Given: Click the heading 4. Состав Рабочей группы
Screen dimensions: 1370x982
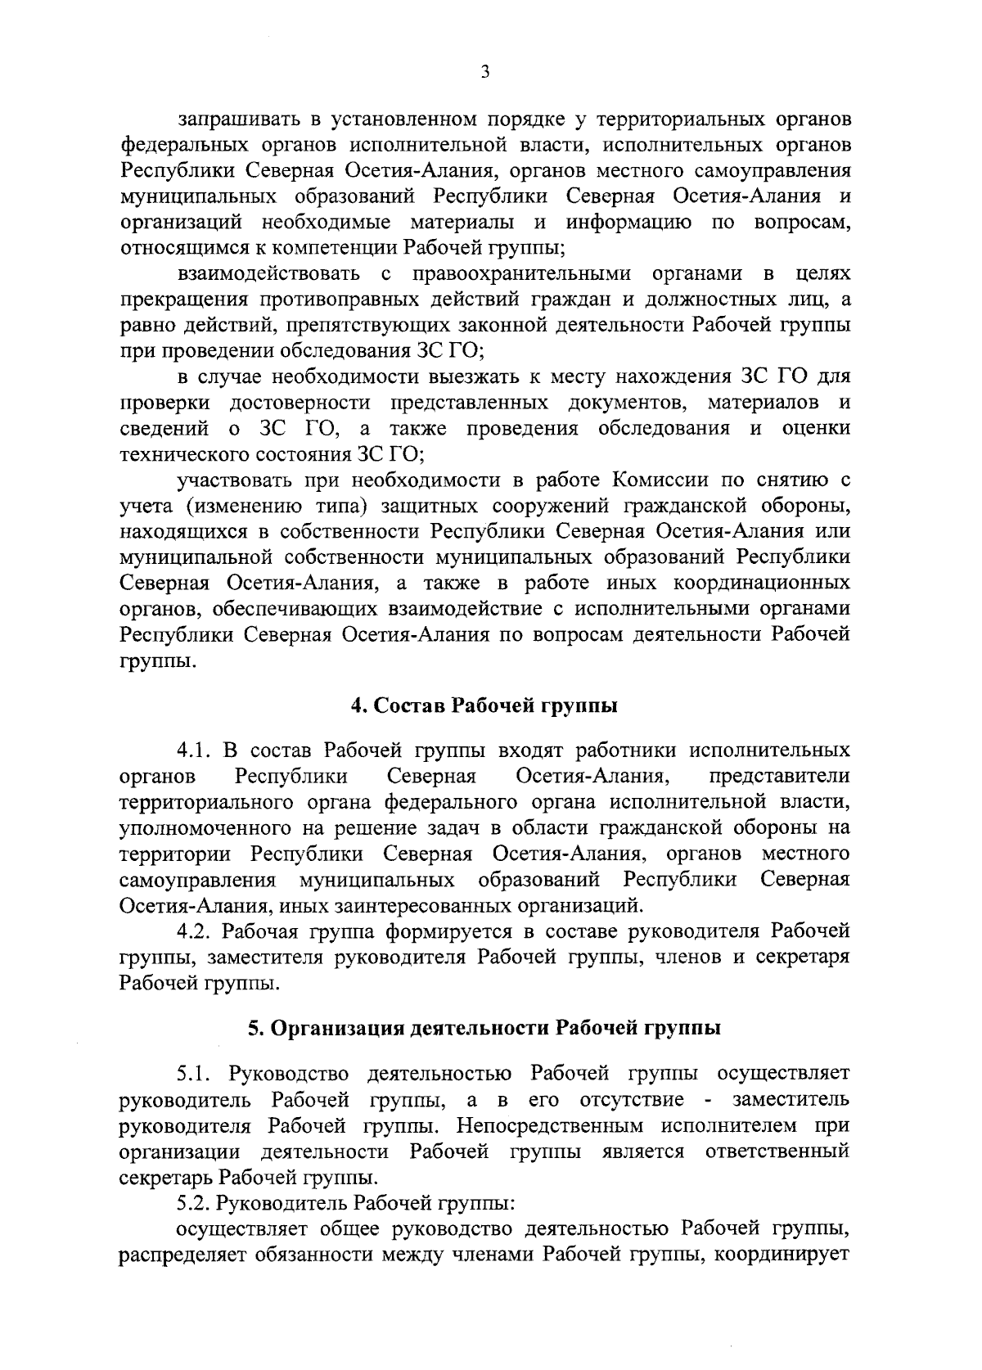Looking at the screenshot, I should click(484, 706).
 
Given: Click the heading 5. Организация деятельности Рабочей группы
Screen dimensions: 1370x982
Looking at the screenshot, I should click(484, 1028).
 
